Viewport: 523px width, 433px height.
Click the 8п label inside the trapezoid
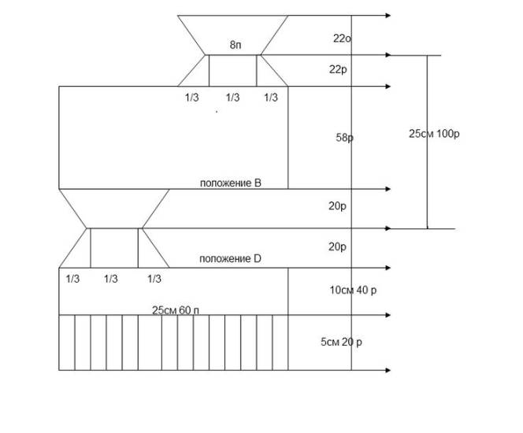click(x=235, y=46)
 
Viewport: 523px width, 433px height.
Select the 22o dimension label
click(x=341, y=38)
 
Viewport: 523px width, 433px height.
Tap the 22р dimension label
click(x=338, y=69)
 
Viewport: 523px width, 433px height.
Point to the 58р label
click(x=344, y=138)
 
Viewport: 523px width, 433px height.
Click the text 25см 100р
click(x=434, y=134)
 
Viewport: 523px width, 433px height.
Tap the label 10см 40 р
click(x=353, y=291)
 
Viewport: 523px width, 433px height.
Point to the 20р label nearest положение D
click(x=337, y=246)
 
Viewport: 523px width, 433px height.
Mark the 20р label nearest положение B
click(x=337, y=206)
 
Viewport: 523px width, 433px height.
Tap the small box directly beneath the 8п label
click(x=232, y=70)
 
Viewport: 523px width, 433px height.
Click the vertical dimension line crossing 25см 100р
click(x=428, y=181)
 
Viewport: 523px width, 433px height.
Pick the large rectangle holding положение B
click(x=173, y=138)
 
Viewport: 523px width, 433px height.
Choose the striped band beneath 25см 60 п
click(x=173, y=343)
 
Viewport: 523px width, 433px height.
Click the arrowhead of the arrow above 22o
click(x=388, y=16)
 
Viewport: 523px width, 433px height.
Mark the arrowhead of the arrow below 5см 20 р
click(x=388, y=370)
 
